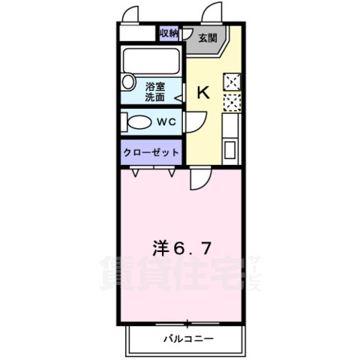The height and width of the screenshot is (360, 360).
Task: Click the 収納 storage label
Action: click(x=169, y=33)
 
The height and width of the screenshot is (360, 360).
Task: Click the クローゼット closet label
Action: click(x=152, y=152)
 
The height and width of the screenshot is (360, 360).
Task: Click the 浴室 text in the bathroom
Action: click(x=155, y=86)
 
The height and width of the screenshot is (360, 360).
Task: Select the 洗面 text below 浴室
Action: click(x=155, y=97)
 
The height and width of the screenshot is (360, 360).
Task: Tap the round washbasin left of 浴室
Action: click(x=127, y=81)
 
